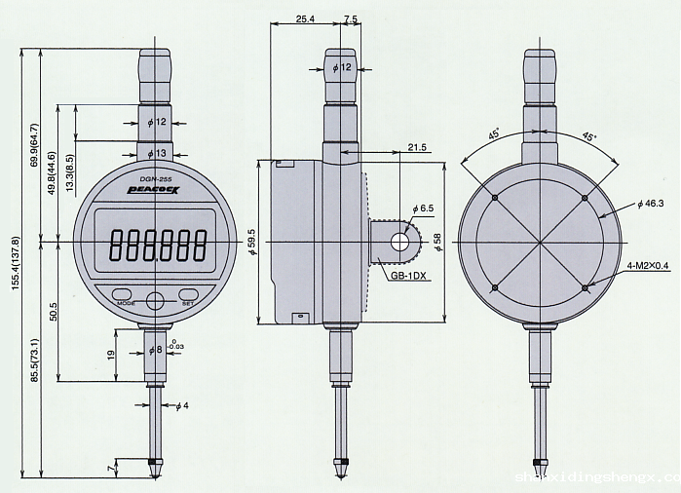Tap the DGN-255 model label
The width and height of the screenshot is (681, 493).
(x=157, y=179)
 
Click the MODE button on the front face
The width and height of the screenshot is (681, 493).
(x=124, y=294)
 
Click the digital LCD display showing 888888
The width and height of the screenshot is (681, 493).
(x=157, y=243)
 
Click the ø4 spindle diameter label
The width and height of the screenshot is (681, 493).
(x=181, y=405)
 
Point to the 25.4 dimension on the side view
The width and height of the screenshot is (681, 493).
(x=304, y=19)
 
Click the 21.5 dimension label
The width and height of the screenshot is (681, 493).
(x=417, y=146)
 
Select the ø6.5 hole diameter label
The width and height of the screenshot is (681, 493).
(x=423, y=209)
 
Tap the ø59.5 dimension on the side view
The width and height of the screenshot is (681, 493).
(x=251, y=240)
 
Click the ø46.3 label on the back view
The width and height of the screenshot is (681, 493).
(x=650, y=204)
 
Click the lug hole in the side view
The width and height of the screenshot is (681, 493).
(x=397, y=241)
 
